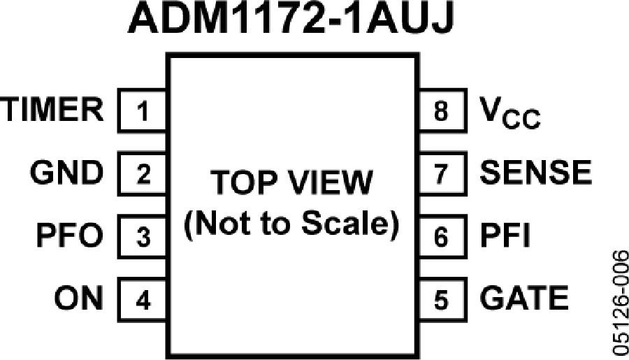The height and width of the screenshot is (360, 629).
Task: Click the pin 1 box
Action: click(x=142, y=110)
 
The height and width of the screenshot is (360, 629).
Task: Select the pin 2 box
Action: click(x=142, y=173)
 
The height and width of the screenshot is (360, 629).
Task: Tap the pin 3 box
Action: click(x=142, y=236)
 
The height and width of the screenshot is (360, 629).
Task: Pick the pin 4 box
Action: click(x=142, y=299)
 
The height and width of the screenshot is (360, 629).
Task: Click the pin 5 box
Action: click(x=443, y=299)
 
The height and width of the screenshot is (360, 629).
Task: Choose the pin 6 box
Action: click(x=443, y=236)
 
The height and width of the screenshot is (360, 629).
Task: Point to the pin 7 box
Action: click(x=443, y=173)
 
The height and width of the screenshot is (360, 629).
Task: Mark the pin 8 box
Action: click(x=443, y=110)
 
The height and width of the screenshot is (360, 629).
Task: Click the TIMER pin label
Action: click(x=52, y=110)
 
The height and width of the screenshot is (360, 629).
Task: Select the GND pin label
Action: click(x=66, y=173)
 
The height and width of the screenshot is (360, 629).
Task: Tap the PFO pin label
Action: click(x=69, y=236)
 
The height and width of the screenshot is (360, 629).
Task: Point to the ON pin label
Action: click(x=78, y=298)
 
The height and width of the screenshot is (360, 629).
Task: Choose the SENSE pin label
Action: click(x=535, y=173)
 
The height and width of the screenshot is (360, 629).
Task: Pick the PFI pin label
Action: click(x=505, y=236)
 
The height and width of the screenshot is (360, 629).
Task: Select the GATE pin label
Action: click(x=524, y=298)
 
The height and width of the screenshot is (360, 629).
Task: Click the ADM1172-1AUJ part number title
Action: click(x=291, y=17)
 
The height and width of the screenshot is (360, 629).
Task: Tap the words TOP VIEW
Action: click(x=291, y=182)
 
